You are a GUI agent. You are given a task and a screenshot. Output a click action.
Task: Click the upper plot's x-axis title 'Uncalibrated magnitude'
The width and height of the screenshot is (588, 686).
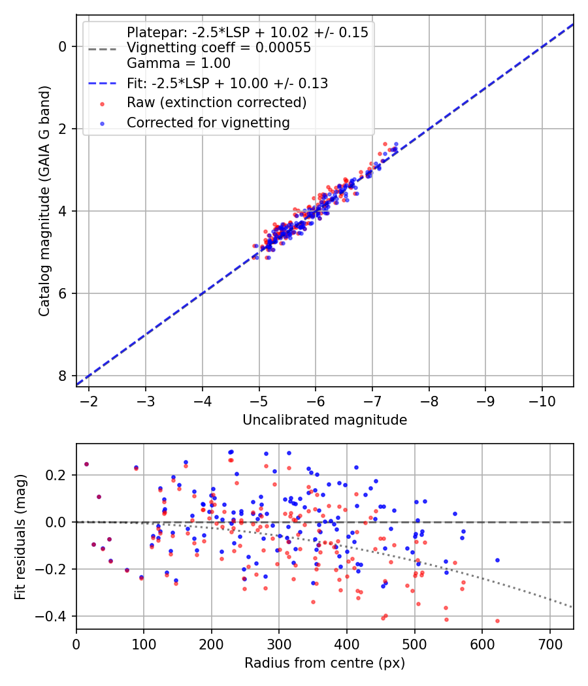(325, 420)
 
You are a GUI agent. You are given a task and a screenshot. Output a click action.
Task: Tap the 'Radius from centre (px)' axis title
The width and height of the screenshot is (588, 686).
(325, 663)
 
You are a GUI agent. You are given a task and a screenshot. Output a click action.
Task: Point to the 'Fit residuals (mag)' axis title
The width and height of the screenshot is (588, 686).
(20, 536)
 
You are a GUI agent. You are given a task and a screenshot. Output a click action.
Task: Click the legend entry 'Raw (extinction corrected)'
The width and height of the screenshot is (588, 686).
(216, 103)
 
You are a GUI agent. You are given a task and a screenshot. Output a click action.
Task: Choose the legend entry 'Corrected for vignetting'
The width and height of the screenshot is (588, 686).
(208, 122)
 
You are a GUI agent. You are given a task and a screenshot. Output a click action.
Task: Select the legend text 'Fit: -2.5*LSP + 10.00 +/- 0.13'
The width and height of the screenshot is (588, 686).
(227, 84)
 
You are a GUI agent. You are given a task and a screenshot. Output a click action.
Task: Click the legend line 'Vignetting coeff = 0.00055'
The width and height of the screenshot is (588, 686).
(219, 48)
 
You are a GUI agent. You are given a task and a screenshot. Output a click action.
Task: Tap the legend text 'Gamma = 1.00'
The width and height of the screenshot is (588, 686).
(178, 63)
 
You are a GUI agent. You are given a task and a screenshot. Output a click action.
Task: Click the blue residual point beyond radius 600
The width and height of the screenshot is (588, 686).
(497, 560)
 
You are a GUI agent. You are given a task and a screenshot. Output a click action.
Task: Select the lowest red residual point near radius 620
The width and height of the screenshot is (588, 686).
(497, 621)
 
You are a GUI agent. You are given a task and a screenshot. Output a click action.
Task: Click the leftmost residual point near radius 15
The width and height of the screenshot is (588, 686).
(86, 464)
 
